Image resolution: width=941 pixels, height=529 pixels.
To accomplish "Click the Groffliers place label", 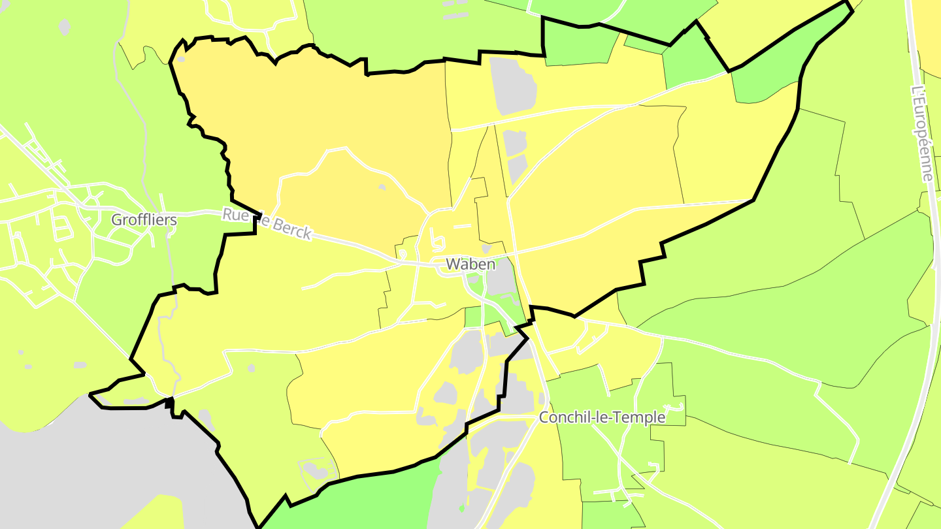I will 144,219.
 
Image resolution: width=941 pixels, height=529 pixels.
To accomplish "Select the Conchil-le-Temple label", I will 602,417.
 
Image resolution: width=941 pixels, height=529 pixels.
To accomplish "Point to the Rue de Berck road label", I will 267,223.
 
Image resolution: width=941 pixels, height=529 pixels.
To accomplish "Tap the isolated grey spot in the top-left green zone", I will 64,27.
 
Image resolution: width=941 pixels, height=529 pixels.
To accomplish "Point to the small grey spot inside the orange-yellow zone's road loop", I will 382,187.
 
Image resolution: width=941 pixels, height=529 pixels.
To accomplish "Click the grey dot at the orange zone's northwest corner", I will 181,59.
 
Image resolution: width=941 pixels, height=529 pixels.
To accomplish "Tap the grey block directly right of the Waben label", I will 502,281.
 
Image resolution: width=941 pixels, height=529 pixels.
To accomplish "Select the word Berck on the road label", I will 291,229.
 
